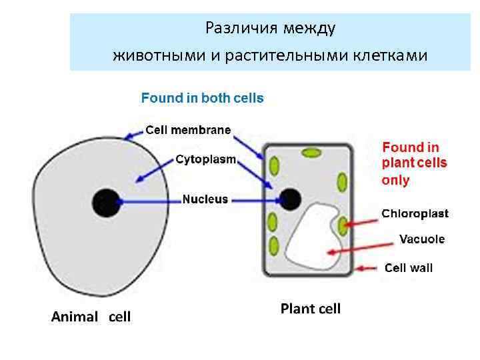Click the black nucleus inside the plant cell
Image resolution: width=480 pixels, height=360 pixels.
pos(290,198)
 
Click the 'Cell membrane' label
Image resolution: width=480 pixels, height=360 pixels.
pos(188,130)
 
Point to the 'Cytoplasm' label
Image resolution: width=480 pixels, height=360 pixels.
pos(206,160)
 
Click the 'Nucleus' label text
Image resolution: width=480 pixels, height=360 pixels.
pos(205,199)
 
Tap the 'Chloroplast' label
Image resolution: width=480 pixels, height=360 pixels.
pos(415,214)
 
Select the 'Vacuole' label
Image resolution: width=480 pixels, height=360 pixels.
pos(421,239)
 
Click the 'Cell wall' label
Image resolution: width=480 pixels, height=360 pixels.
pos(409,268)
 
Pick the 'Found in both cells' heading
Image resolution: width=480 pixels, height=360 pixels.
pos(202,98)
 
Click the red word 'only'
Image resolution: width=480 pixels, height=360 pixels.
pos(395,181)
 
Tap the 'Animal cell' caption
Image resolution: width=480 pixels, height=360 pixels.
pos(91,317)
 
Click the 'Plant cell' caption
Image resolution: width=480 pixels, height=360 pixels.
pos(310,309)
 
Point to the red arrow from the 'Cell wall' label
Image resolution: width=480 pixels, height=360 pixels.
pos(368,269)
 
